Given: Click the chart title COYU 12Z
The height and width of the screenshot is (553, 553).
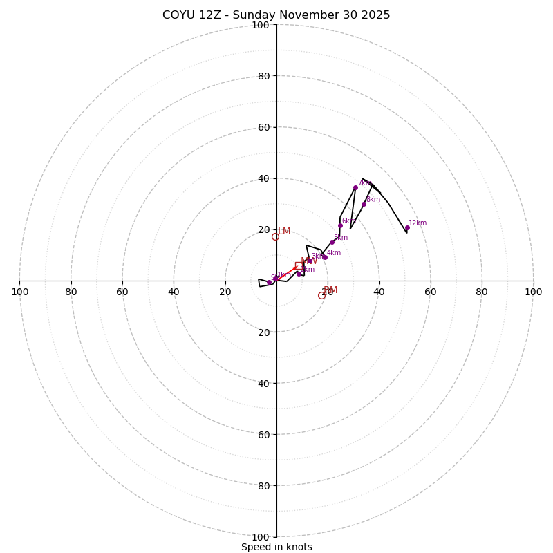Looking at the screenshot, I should [x=276, y=15].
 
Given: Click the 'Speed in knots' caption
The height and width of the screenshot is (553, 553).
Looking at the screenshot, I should [x=276, y=547].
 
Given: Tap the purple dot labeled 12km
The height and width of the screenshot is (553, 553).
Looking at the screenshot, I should [x=407, y=227].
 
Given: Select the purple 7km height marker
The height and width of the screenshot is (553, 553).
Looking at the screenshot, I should [x=355, y=187].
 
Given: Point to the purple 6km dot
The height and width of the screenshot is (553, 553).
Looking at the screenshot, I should [x=340, y=225].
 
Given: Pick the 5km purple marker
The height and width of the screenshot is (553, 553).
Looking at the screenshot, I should [x=332, y=242].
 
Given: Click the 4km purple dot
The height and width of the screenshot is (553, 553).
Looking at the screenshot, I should [x=325, y=257].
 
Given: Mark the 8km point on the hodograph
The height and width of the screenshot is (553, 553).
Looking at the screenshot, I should [x=364, y=204].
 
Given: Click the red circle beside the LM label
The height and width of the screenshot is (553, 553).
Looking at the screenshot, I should [x=275, y=237].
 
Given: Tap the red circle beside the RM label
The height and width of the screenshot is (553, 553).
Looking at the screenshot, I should [x=321, y=296].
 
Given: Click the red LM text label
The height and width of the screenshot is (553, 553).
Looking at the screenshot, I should [x=284, y=232].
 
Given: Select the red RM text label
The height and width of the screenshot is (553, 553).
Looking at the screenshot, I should [x=330, y=290].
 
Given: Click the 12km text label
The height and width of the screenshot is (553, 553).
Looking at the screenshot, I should [x=418, y=223].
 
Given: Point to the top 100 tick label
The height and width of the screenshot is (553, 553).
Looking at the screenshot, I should [x=261, y=25].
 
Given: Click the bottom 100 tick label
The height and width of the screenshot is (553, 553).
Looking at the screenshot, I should [x=261, y=537].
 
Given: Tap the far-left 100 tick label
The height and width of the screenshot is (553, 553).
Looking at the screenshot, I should [x=19, y=292].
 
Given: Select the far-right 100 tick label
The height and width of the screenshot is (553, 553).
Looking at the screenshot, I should [x=533, y=292].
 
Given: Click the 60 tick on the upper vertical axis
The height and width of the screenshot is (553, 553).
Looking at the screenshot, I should [x=263, y=127].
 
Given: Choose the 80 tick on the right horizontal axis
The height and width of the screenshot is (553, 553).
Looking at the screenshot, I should [x=482, y=292].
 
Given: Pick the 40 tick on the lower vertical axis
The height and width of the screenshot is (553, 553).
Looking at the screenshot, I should [x=263, y=383].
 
